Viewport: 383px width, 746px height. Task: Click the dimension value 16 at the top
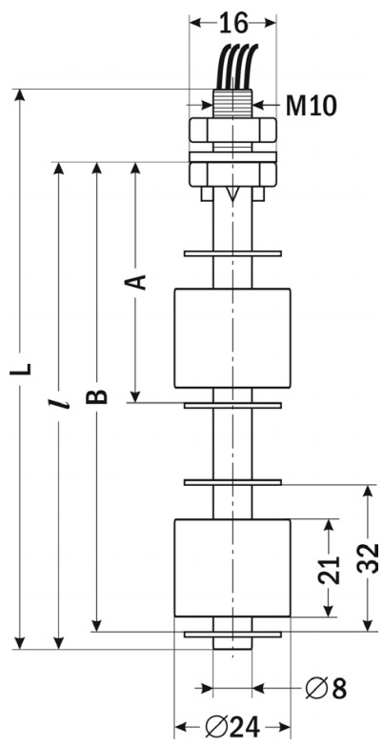coord(233,23)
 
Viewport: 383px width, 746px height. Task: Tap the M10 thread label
coord(312,106)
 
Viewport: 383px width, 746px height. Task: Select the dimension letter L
coord(21,369)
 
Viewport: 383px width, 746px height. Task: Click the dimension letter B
coord(96,396)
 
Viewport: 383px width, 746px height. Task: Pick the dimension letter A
coord(135,282)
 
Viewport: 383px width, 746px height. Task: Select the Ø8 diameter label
coord(327,688)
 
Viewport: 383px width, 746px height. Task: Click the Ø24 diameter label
coord(232,727)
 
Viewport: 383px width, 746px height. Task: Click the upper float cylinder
coord(232,338)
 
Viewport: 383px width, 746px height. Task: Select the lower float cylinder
coord(232,568)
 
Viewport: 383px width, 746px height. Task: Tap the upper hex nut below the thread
coord(232,130)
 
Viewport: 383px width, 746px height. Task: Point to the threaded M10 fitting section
coord(232,103)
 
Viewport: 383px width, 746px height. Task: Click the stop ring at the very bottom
coord(232,635)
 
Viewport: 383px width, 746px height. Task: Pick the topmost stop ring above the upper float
coord(232,253)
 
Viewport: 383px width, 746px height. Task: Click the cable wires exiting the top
coord(236,67)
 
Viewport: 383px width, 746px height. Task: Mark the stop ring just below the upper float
coord(232,405)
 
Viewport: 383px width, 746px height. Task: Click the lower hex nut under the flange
coord(232,174)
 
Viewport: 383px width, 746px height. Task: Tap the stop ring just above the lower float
coord(232,482)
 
